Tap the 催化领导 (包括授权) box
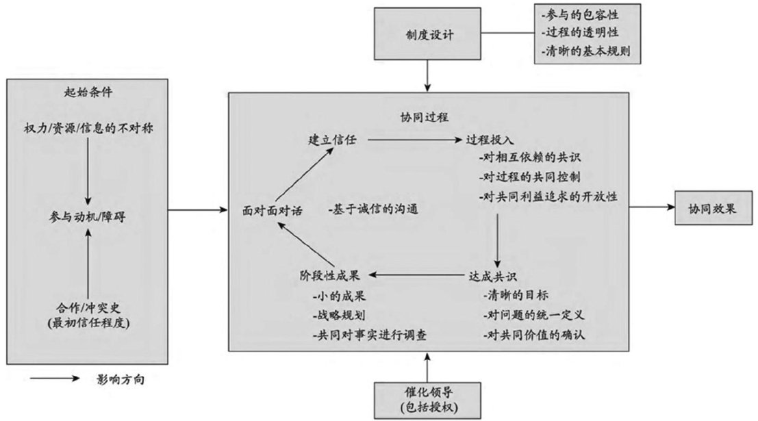(427, 397)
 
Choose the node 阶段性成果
(329, 276)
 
